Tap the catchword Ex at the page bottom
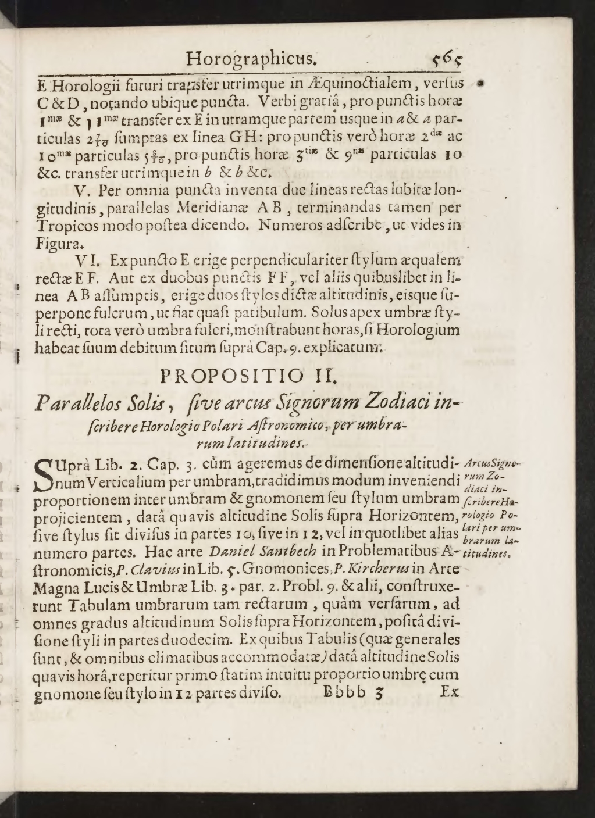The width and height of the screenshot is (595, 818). point(450,692)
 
